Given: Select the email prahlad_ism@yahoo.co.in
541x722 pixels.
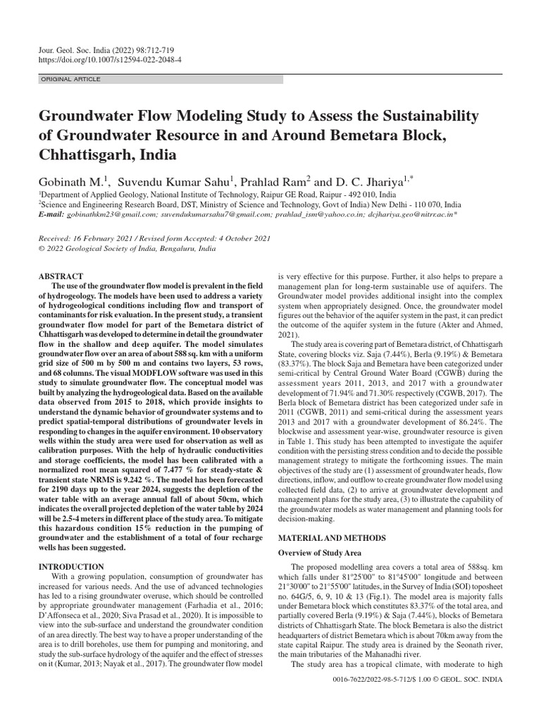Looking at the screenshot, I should [329, 214].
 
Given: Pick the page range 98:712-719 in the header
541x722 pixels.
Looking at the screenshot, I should [154, 51].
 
